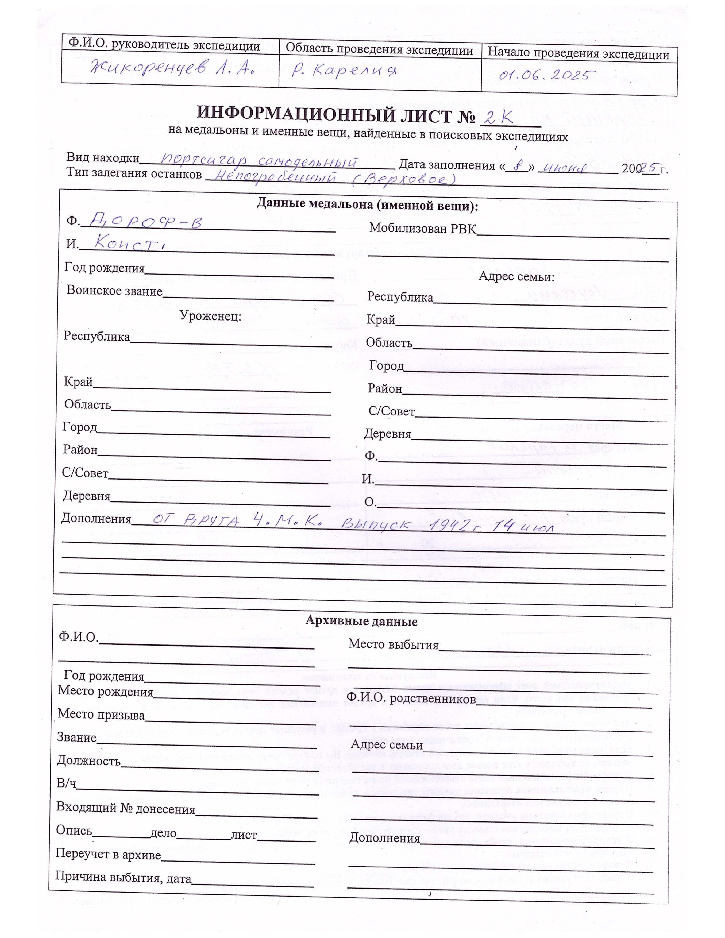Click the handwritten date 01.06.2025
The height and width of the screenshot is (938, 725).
(x=544, y=76)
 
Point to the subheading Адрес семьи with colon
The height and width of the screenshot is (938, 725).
(x=516, y=277)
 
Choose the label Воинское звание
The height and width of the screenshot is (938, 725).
(x=114, y=291)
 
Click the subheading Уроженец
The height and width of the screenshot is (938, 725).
(x=210, y=316)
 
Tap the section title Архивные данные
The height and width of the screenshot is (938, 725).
(x=361, y=622)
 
